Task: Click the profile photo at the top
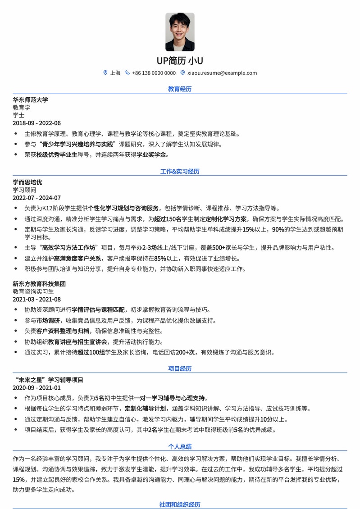[180, 32]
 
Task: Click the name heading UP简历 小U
[180, 60]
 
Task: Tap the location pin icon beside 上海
[105, 73]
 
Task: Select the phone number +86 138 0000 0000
[154, 73]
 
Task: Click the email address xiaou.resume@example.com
[222, 73]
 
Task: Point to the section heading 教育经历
[180, 89]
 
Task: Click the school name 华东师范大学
[30, 100]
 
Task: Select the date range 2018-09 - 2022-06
[36, 123]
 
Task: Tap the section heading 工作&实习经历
[180, 171]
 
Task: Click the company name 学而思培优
[27, 182]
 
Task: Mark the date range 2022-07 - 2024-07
[36, 198]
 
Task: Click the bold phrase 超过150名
[167, 219]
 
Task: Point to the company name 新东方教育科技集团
[39, 284]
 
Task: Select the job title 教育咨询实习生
[33, 292]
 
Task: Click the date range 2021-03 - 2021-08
[36, 300]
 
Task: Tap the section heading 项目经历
[180, 368]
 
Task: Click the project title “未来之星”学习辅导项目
[48, 380]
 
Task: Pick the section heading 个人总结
[180, 446]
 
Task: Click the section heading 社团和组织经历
[180, 504]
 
